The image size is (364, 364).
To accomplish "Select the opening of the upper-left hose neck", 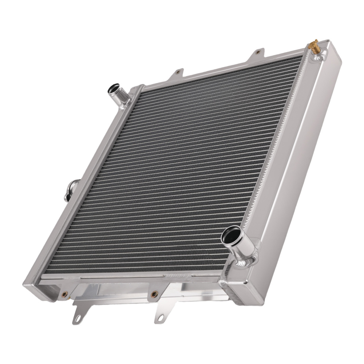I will coord(114,88).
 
